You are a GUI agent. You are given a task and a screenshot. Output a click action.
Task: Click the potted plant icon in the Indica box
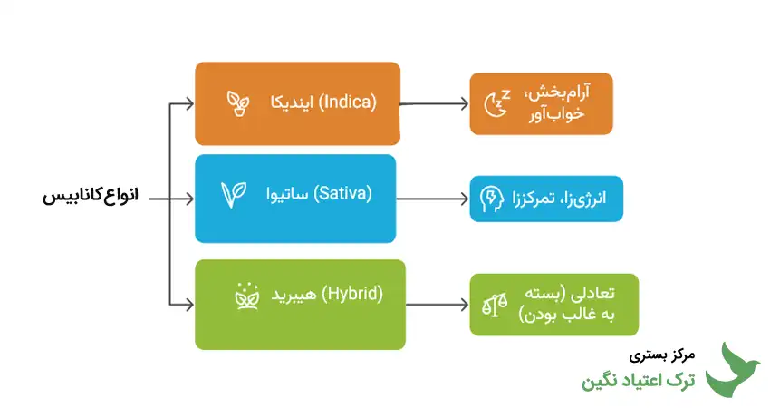coord(239,102)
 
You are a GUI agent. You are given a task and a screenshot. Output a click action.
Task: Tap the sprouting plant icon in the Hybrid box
coord(245,295)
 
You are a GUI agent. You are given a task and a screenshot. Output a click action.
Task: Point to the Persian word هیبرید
coord(296,295)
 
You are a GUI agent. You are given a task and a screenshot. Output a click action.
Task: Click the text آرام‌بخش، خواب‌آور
coord(558,102)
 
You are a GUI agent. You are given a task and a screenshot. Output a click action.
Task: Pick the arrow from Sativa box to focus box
coord(431,199)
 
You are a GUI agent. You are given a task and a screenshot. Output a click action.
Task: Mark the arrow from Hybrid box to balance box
coord(435,304)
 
